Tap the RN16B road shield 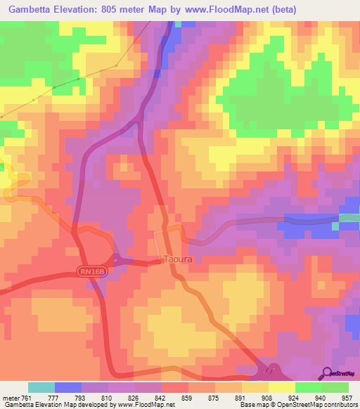click(91, 271)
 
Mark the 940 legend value click(320, 397)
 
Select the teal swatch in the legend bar click(41, 387)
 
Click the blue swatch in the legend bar click(68, 387)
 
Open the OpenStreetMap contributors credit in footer click(313, 405)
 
